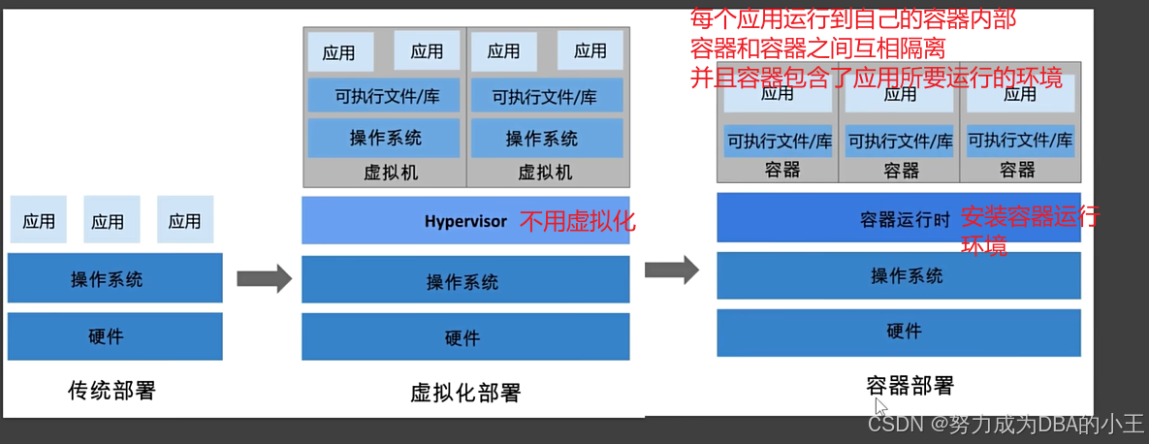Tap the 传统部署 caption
[112, 391]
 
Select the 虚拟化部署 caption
[465, 393]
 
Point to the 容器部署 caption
[910, 385]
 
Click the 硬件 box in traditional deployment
[115, 336]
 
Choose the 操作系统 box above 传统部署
[115, 279]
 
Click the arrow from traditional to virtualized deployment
[264, 279]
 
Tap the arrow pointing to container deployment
[672, 270]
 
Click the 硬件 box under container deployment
[898, 332]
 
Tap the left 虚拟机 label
[385, 173]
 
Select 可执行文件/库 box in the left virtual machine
[384, 96]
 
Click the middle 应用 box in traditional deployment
[112, 220]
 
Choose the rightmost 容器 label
[1017, 170]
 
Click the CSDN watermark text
[1005, 424]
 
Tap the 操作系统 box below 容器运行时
[898, 275]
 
